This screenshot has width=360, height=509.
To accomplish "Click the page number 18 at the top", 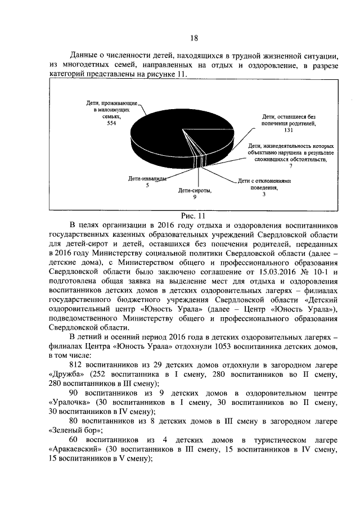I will click(x=194, y=38).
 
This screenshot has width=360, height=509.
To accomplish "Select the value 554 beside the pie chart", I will click(x=111, y=124).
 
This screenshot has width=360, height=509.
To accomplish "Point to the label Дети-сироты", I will click(x=195, y=191).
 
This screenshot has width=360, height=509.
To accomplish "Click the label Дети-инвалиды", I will click(x=147, y=179).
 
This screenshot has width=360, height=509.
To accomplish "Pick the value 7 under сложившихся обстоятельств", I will click(x=291, y=167).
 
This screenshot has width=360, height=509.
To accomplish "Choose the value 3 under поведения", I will click(x=263, y=195).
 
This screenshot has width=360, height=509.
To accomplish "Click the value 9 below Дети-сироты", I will click(x=195, y=197).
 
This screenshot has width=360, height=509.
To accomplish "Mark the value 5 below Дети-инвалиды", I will click(x=147, y=186).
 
